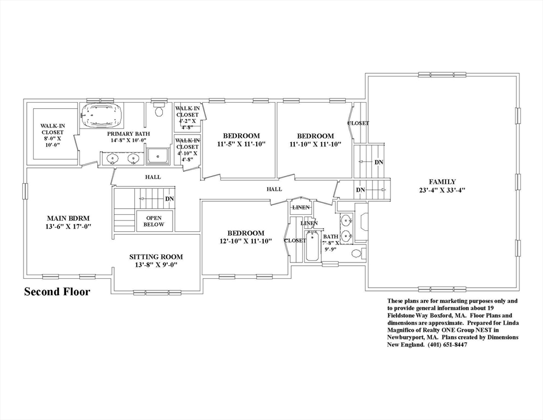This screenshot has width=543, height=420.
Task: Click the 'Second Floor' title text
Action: (57, 292)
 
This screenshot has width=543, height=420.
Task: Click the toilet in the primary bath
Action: (159, 110)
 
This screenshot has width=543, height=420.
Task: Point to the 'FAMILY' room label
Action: (442, 182)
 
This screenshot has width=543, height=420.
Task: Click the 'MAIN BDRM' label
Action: (68, 218)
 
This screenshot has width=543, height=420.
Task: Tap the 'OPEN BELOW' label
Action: (154, 221)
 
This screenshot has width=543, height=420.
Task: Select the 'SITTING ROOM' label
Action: (156, 257)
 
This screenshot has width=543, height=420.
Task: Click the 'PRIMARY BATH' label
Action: (128, 134)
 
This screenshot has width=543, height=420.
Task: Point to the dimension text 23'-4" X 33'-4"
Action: (442, 190)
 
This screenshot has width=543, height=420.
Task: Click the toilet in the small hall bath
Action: (357, 253)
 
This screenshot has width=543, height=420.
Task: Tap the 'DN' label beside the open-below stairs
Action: (169, 199)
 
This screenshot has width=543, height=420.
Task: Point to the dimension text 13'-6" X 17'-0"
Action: (68, 226)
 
